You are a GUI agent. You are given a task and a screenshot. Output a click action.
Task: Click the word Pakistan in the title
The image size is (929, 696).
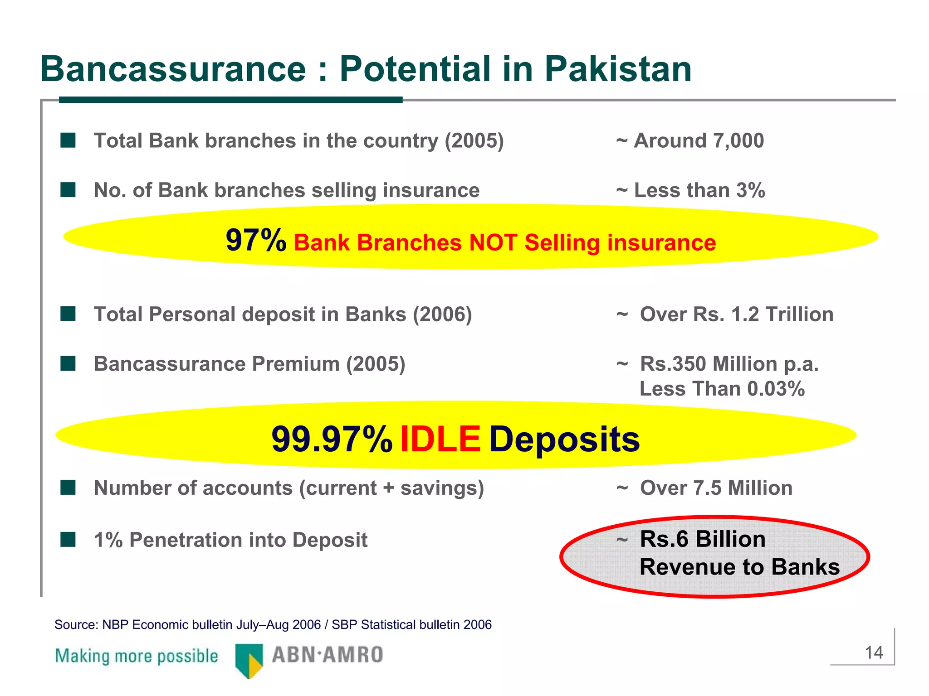(618, 69)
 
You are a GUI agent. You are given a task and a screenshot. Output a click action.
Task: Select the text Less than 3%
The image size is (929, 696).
(699, 190)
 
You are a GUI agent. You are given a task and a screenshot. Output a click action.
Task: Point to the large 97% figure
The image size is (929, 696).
(256, 240)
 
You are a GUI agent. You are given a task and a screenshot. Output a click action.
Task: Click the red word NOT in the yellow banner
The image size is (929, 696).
(493, 242)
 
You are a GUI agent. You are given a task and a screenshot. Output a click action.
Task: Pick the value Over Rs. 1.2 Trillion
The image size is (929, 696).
(736, 314)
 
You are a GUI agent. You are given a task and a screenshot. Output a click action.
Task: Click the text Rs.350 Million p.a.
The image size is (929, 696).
(729, 364)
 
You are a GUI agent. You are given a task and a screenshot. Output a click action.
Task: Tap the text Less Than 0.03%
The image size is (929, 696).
(722, 389)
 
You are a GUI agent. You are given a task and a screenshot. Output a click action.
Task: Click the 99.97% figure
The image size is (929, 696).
(332, 439)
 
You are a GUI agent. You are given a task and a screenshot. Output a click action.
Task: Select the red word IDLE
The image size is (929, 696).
(440, 439)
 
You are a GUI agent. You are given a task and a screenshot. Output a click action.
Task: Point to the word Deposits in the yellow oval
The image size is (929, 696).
(564, 439)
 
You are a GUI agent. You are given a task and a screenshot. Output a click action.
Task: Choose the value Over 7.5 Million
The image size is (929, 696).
(716, 488)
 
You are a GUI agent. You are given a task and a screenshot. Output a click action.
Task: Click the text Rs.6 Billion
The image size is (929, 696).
(702, 539)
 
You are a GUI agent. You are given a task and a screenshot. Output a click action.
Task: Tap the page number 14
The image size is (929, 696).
(874, 653)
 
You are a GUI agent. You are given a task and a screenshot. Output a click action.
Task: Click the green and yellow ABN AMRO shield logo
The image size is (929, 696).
(249, 660)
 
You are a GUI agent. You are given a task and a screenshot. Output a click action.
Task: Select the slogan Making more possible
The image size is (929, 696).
(137, 656)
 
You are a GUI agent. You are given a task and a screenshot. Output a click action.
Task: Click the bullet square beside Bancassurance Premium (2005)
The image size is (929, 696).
(68, 363)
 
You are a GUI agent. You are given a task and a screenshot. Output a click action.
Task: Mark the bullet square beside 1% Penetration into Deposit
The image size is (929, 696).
(68, 540)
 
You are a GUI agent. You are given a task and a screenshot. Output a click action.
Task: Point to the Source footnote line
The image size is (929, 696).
(273, 625)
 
